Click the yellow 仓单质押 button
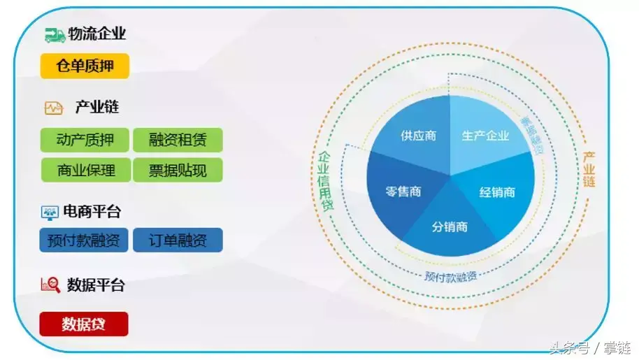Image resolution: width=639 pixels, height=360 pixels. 85,66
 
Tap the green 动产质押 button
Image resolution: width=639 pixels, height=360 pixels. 85,140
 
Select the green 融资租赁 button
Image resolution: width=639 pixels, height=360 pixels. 178,140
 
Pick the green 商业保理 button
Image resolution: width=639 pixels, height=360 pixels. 85,170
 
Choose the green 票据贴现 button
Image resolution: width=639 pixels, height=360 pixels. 178,170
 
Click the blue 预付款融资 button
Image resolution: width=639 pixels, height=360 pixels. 84,240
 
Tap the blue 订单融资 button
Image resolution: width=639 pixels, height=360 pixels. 178,240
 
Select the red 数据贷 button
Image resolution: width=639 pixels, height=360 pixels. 84,324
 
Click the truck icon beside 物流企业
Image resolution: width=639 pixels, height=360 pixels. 55,34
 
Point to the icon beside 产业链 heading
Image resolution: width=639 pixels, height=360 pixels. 54,108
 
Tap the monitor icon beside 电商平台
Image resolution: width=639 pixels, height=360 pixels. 50,212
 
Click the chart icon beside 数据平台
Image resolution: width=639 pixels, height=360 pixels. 50,285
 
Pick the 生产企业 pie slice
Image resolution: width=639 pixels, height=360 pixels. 485,136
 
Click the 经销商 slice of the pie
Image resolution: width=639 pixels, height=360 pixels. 497,192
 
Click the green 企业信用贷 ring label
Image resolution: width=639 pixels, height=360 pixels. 325,180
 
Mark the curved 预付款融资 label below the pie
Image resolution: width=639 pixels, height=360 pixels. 451,275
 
